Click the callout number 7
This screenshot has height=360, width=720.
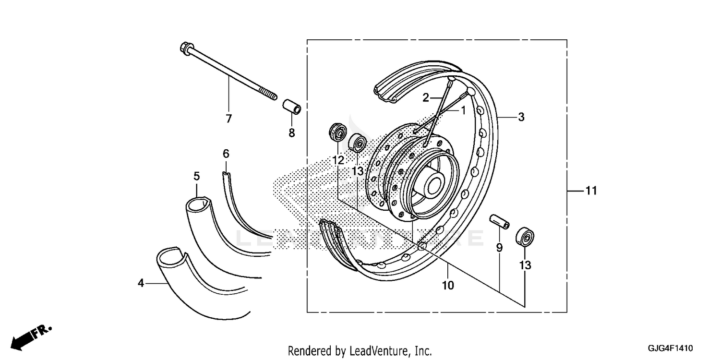pos(228,119)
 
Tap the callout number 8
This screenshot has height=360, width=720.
pos(291,133)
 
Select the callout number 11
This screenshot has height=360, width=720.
pos(591,191)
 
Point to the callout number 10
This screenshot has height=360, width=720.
pos(447,286)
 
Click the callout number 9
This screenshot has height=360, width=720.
pos(499,248)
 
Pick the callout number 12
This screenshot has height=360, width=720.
pos(338,160)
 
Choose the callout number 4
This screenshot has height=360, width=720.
pos(141,284)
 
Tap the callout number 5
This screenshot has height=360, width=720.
pos(197,176)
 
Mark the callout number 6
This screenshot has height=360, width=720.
pos(226,154)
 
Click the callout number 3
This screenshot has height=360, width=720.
pos(521,117)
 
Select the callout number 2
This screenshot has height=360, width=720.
pos(425,98)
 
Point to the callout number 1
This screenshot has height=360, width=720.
pos(463,110)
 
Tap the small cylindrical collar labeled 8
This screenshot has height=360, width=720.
pos(291,107)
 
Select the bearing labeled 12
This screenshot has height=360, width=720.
pos(337,132)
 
